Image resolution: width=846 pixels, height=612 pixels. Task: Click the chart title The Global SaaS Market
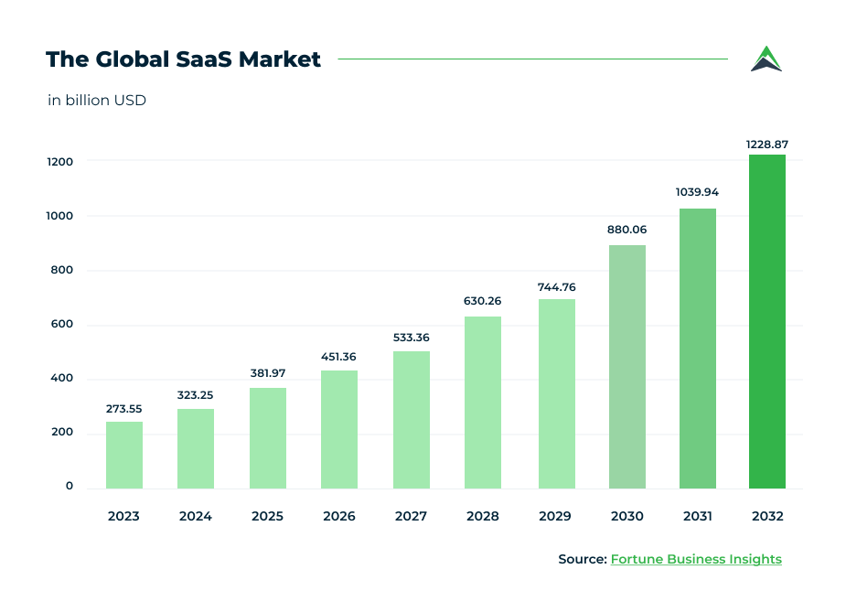[x=183, y=59]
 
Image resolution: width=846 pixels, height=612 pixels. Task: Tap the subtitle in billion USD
[x=97, y=101]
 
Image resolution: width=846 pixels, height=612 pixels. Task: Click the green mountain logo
[x=766, y=59]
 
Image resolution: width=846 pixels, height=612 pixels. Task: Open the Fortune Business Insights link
[x=696, y=559]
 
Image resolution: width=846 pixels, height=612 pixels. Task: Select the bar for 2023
[x=123, y=455]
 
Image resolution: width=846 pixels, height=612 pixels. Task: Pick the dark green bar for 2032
[x=766, y=321]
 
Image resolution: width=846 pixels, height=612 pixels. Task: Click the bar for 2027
[x=411, y=420]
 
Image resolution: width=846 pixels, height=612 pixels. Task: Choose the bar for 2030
[x=626, y=367]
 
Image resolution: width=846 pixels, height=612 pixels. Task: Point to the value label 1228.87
[x=766, y=144]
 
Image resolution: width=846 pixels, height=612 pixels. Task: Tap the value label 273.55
[x=123, y=409]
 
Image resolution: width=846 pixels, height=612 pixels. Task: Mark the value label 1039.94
[x=697, y=192]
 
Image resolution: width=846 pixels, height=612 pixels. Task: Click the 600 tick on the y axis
[x=61, y=325]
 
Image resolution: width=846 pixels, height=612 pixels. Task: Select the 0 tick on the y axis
[x=69, y=486]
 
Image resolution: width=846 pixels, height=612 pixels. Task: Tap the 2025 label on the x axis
[x=267, y=517]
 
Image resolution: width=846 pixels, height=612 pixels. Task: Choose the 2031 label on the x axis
[x=697, y=517]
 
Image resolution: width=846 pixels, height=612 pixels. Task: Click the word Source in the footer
[x=582, y=559]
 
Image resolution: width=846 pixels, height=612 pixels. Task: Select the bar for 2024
[x=195, y=448]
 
